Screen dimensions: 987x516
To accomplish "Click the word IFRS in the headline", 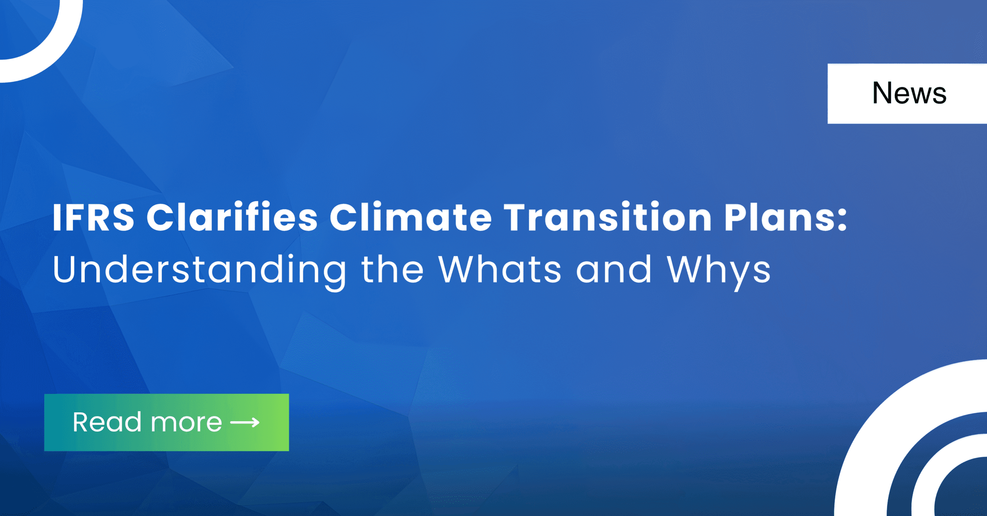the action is (94, 217).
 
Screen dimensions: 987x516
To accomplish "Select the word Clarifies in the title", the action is (232, 217).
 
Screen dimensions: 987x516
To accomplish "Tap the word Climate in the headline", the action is (411, 217).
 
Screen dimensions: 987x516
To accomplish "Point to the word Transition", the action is (608, 217).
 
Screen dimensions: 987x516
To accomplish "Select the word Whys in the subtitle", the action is (719, 272).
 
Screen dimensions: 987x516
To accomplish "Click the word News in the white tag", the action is (909, 93).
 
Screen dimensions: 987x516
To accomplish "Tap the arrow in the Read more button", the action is (245, 423).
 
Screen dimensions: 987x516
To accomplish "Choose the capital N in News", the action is (883, 93).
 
